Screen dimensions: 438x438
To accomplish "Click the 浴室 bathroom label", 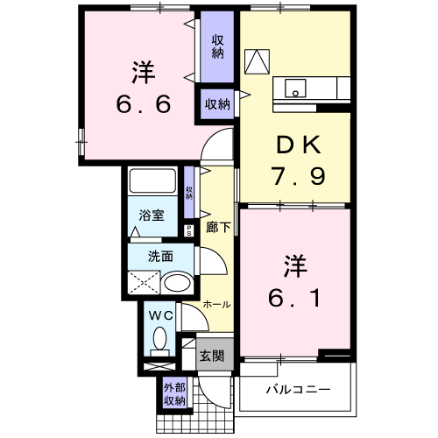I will pyautogui.click(x=151, y=215).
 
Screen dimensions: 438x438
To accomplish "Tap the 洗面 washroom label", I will pyautogui.click(x=159, y=257).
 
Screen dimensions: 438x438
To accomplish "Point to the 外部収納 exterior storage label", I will pyautogui.click(x=174, y=394).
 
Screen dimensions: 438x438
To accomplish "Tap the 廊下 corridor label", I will pyautogui.click(x=218, y=225).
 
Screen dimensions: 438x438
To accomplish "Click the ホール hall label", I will pyautogui.click(x=216, y=305).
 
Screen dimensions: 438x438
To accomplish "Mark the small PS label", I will pyautogui.click(x=189, y=230).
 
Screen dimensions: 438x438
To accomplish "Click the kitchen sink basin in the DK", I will pyautogui.click(x=295, y=88).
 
